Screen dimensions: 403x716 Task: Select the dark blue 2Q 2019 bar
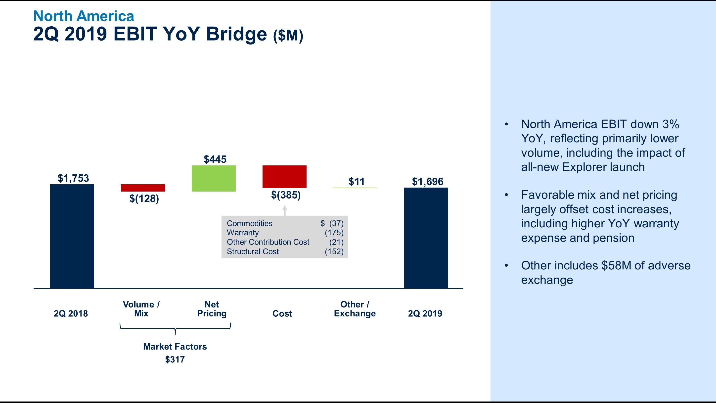point(426,238)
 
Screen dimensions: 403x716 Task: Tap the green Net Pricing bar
point(214,178)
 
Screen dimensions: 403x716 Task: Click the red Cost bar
point(284,177)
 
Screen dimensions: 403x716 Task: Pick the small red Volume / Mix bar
point(143,188)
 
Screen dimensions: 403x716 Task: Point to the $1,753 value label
point(73,178)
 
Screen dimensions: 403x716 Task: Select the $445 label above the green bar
point(215,159)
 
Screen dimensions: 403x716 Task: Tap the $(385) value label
point(286,195)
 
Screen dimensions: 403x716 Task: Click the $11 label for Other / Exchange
point(356,182)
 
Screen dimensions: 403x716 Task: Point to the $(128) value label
point(144,199)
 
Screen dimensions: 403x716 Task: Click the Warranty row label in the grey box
point(243,233)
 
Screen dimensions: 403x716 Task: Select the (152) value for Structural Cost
point(334,252)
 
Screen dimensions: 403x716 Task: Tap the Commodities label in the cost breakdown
point(249,223)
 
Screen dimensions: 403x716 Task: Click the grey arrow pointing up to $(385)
point(285,210)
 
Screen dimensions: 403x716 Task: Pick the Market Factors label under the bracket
point(175,347)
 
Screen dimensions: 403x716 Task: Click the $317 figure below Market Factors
point(175,359)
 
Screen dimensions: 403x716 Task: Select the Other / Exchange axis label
point(355,309)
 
